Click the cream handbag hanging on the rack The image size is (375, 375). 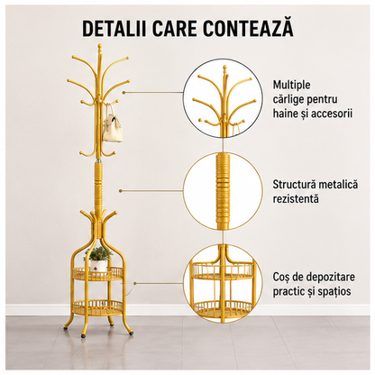114,126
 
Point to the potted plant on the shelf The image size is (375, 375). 97,260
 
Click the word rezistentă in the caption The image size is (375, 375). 296,199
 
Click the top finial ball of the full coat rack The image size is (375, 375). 100,46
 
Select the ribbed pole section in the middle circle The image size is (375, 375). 223,191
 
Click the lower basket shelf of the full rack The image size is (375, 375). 98,307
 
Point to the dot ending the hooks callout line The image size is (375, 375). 123,92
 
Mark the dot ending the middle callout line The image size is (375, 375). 120,191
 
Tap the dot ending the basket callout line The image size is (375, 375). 135,283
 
